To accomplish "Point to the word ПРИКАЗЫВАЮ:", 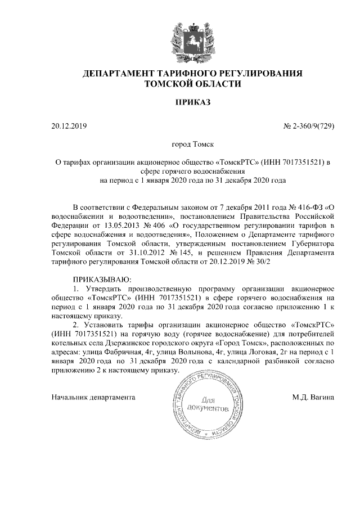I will coord(102,280).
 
